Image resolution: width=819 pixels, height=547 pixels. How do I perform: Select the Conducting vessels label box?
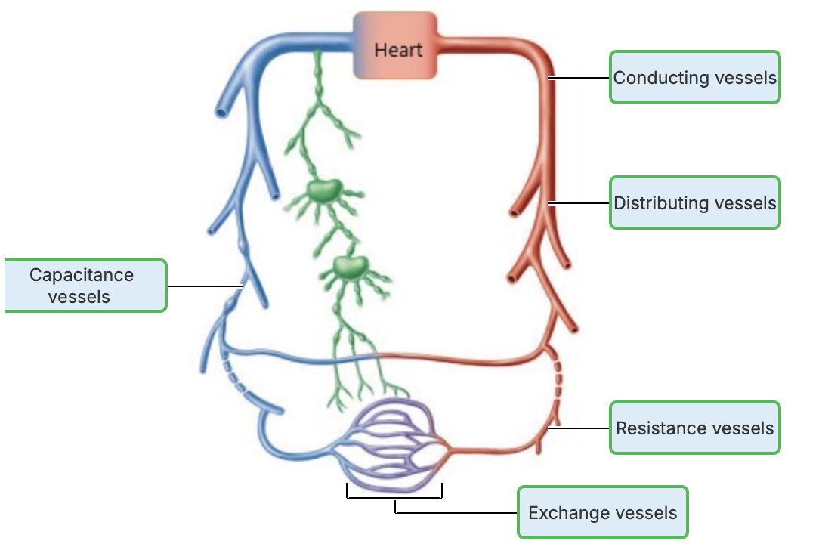(x=694, y=77)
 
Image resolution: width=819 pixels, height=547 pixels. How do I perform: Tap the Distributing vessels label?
(x=694, y=202)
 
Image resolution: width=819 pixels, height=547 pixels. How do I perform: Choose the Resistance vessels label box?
(x=694, y=428)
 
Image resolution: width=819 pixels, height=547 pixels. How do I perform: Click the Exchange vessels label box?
(x=602, y=513)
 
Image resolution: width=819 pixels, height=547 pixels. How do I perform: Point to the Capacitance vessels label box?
(x=85, y=286)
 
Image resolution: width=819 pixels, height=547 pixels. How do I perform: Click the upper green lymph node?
(x=325, y=190)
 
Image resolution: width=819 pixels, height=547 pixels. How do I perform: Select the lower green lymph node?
(x=349, y=266)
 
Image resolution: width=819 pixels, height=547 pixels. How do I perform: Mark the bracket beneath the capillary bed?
(x=394, y=496)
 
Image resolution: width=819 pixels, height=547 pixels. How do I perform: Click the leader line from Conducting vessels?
(x=579, y=77)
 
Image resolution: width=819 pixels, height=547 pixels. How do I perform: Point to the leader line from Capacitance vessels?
(x=204, y=286)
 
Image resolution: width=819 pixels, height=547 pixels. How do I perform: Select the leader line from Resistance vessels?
(x=579, y=428)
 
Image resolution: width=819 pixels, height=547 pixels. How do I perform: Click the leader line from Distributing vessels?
(x=579, y=202)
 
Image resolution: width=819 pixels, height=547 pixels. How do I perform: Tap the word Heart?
(x=398, y=51)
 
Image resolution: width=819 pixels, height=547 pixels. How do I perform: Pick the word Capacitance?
(x=82, y=276)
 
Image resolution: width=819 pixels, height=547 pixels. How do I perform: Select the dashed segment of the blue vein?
(x=233, y=378)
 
